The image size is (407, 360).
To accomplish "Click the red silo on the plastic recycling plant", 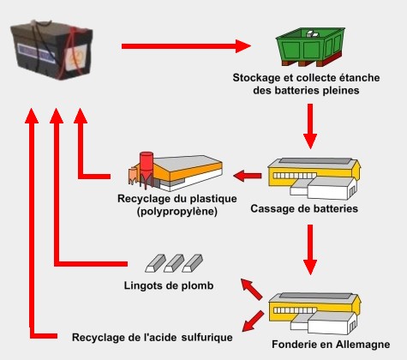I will [147, 165].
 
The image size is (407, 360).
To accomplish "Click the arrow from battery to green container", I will [184, 45].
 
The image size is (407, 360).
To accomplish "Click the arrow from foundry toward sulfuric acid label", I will [251, 321].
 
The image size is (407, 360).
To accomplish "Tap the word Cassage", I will [272, 208].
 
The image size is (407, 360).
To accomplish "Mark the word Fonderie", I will [296, 345].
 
